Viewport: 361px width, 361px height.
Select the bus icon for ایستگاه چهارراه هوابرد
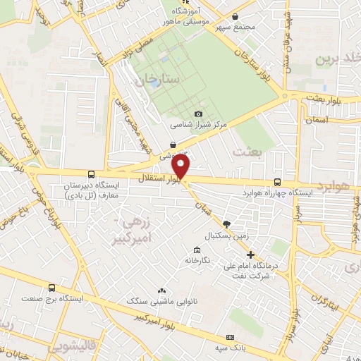click(x=276, y=181)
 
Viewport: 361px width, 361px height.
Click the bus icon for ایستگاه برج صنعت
click(x=51, y=288)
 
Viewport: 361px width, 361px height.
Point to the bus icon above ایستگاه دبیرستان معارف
click(x=90, y=174)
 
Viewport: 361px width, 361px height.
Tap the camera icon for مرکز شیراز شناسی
click(x=198, y=114)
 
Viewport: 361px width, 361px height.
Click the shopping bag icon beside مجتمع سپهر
click(x=235, y=16)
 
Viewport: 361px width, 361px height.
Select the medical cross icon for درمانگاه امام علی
click(x=250, y=254)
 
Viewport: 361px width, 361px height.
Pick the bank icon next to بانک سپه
click(x=230, y=338)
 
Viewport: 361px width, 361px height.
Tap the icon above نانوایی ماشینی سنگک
click(x=162, y=290)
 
